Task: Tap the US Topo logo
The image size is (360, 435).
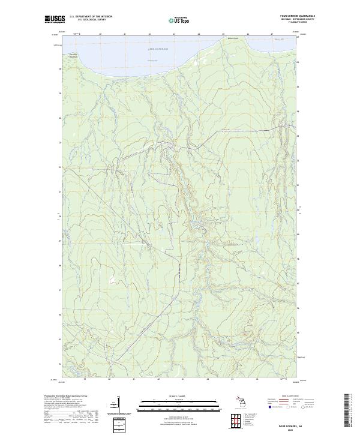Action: [180, 19]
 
